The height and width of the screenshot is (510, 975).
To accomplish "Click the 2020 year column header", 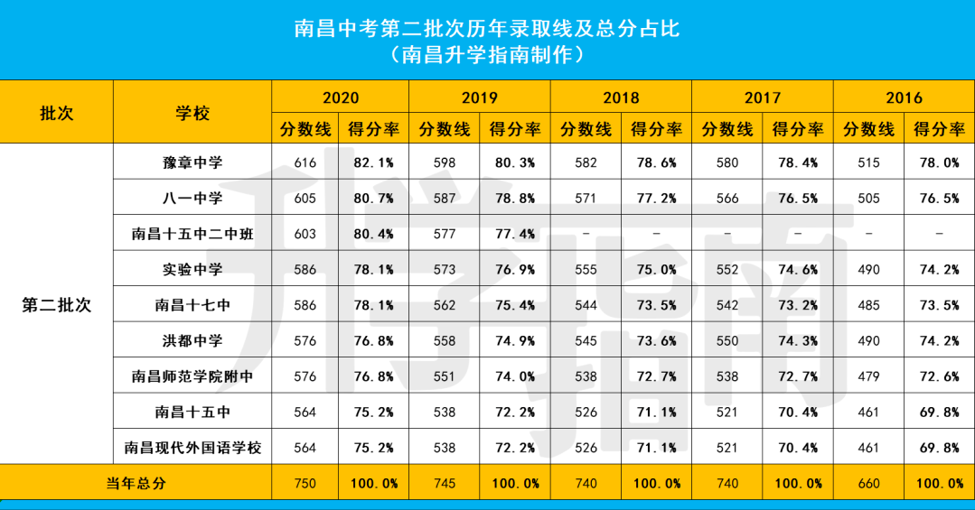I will pos(340,97).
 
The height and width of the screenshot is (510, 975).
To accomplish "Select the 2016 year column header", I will pos(903,97).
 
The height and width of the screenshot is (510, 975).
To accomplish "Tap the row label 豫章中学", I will pos(192,162).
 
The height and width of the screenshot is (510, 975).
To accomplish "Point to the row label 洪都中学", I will pos(192,340).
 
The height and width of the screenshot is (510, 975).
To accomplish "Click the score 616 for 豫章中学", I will pos(305,162).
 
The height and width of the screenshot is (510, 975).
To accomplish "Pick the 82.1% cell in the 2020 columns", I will pos(374,162).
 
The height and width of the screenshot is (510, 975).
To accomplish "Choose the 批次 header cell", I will pos(56,113).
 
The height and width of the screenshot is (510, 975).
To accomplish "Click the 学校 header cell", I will pos(192,113).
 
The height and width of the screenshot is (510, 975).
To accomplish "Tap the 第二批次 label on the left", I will pos(56,305).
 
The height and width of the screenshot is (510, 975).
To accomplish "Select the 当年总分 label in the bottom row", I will pos(136,483).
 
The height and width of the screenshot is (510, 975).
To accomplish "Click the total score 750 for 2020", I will pos(305,483).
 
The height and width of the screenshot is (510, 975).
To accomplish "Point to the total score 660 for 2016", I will pos(868,483).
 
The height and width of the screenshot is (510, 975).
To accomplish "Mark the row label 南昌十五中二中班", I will pos(192,234).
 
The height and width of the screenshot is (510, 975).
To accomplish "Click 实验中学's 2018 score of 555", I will pos(586,269).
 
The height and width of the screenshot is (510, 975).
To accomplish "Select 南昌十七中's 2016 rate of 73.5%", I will pos(938,305).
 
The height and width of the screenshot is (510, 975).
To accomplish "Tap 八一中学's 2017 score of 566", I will pos(727,198).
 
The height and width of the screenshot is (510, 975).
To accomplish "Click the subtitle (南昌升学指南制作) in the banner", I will pos(487,55).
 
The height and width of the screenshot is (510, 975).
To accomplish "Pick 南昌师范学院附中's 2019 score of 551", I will pos(445,376).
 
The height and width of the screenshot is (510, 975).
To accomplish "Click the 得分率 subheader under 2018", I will pos(656,129).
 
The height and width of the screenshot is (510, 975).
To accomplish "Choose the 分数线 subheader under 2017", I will pos(727,129).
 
